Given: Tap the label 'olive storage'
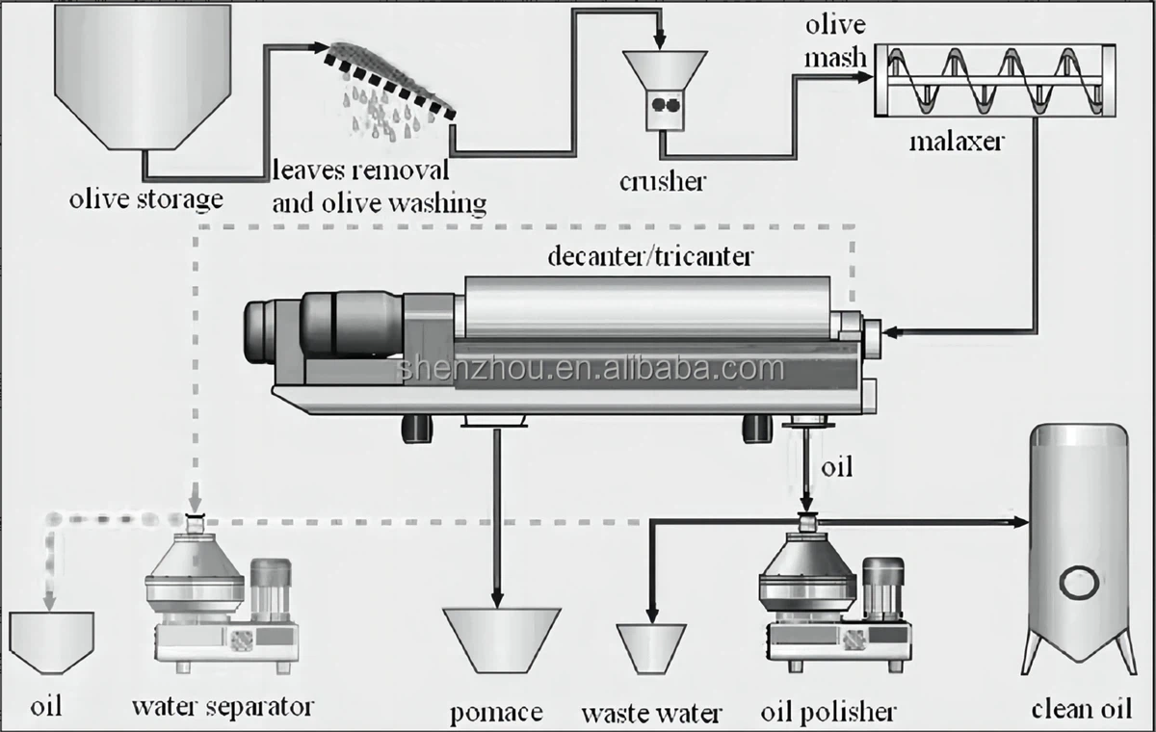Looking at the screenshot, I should pos(145,199).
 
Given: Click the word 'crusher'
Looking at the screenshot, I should pos(664,179).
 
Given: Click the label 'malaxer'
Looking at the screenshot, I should pos(957,143).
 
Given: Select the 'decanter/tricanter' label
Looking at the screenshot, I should pos(649,256).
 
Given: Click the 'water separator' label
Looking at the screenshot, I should pos(223,706).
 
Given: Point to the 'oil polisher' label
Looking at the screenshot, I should pos(828,712).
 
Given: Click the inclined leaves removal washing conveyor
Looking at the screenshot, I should pos(390,82).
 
